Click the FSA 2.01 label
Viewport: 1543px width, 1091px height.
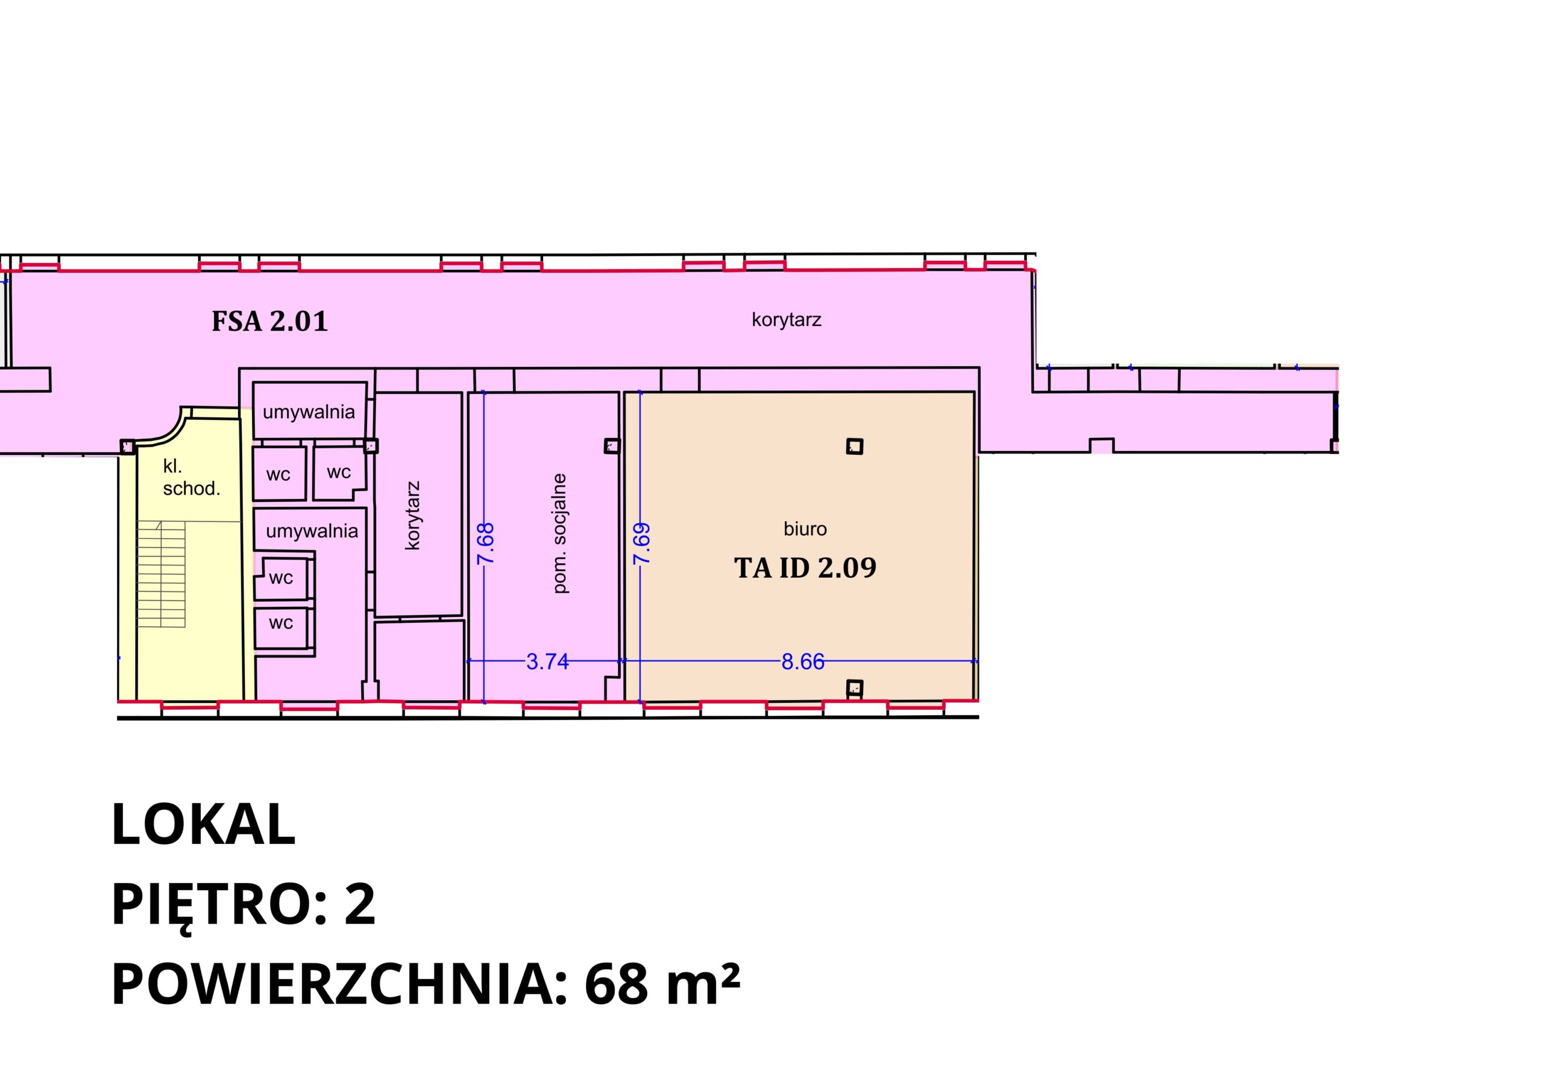pos(269,321)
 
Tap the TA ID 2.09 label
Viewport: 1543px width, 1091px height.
pos(805,567)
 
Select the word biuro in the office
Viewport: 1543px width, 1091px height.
pos(805,530)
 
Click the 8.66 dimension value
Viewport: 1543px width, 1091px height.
pos(802,661)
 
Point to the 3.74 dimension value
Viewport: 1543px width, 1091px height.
pos(547,661)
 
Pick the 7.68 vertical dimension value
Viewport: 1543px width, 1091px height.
pos(485,543)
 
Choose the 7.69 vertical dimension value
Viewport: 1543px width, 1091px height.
pos(642,543)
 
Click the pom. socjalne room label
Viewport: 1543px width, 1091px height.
pos(560,533)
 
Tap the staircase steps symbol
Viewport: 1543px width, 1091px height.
pos(162,574)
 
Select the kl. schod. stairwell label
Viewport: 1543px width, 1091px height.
pos(192,478)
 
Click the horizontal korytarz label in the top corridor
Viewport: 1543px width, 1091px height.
pos(787,320)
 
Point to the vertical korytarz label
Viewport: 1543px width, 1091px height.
pos(413,515)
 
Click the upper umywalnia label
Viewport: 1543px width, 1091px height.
pos(309,412)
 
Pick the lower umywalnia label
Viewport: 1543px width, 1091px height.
pos(312,531)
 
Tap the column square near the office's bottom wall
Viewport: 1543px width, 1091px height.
pos(854,687)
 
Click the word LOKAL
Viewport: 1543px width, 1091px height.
pos(203,824)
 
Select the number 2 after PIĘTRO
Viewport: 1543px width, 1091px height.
pos(360,905)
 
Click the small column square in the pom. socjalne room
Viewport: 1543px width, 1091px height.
pos(612,445)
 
